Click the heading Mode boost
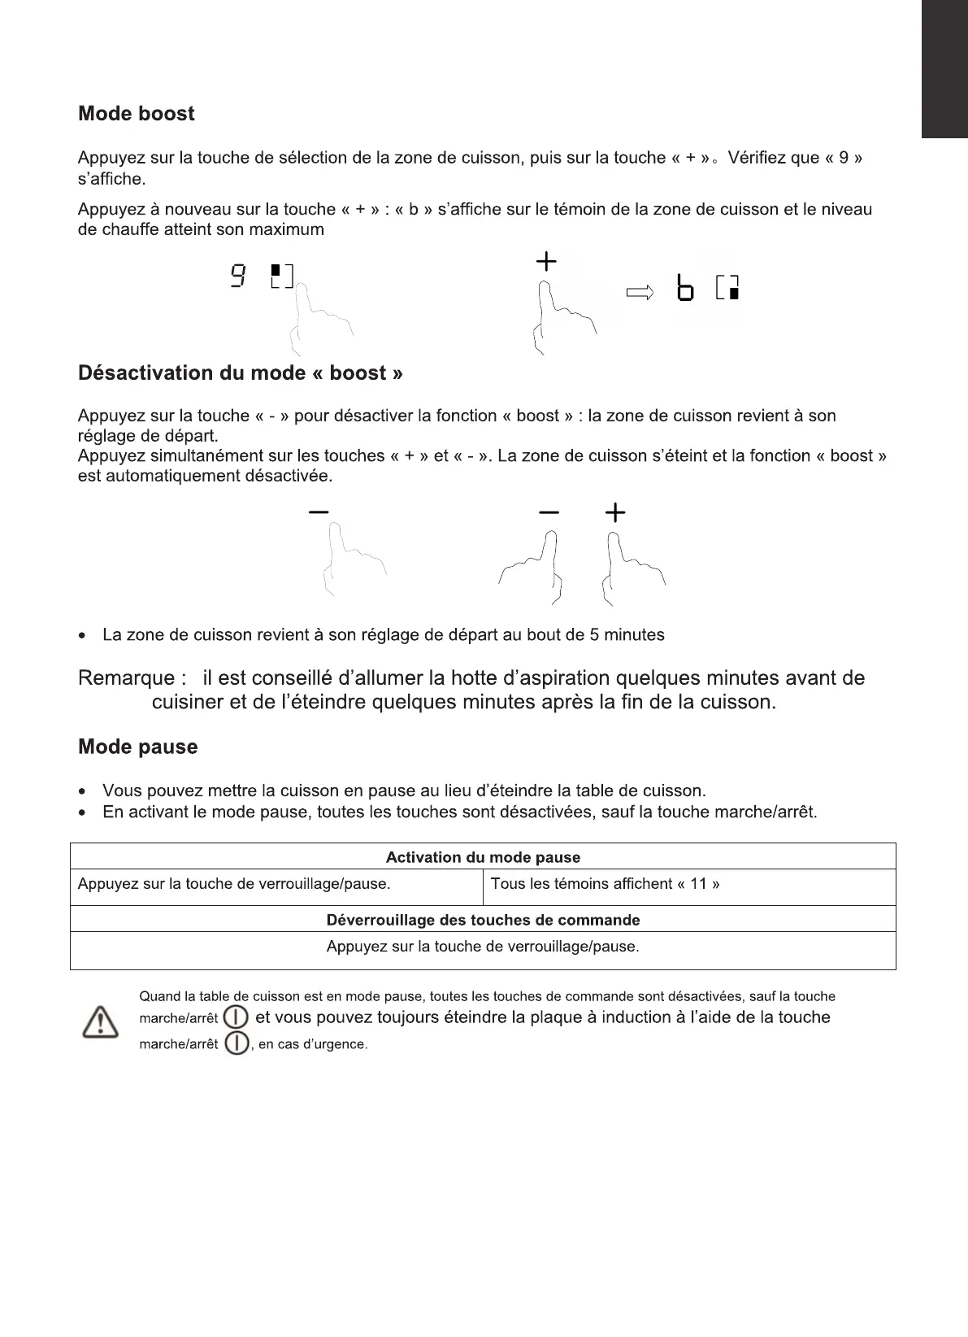click(x=136, y=114)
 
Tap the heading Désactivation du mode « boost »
click(x=240, y=373)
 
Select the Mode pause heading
click(x=137, y=747)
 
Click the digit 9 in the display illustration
click(x=237, y=277)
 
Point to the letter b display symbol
click(x=685, y=289)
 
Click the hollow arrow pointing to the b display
click(x=640, y=293)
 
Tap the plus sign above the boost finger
click(x=546, y=262)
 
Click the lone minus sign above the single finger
click(x=319, y=512)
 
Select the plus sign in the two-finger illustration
click(x=615, y=512)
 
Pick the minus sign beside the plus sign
click(x=549, y=512)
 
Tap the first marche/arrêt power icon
click(x=236, y=1017)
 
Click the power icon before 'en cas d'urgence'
click(x=236, y=1043)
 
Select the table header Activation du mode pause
click(x=483, y=857)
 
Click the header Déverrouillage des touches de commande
click(x=483, y=920)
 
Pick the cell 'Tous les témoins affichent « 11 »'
click(x=605, y=884)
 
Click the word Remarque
click(x=126, y=678)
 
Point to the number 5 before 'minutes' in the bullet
click(x=595, y=635)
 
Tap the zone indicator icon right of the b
click(x=728, y=289)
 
